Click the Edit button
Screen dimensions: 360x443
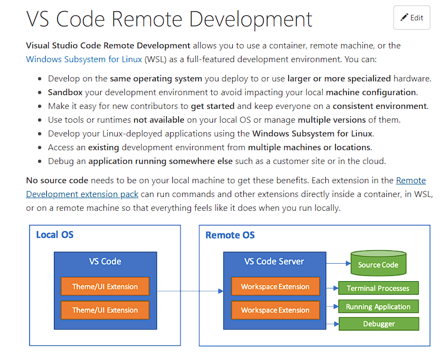(x=412, y=18)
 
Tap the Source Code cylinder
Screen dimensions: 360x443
(x=378, y=264)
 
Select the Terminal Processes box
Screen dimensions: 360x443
(x=378, y=288)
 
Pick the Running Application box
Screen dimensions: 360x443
(x=378, y=307)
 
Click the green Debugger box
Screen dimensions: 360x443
(x=378, y=324)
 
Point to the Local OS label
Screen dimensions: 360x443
(x=54, y=235)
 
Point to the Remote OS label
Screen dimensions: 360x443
(x=230, y=235)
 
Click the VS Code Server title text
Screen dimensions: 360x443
(x=274, y=261)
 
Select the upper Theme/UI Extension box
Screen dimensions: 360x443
(x=105, y=286)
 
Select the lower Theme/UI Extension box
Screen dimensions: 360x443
(x=105, y=310)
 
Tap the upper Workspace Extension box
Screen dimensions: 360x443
(x=275, y=286)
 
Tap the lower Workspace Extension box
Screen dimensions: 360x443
(x=275, y=310)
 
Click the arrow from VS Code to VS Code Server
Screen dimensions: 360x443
(x=187, y=291)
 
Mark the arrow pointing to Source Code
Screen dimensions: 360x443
(x=338, y=263)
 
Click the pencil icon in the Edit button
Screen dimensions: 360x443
(x=404, y=18)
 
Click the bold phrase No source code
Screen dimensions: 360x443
(x=57, y=181)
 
